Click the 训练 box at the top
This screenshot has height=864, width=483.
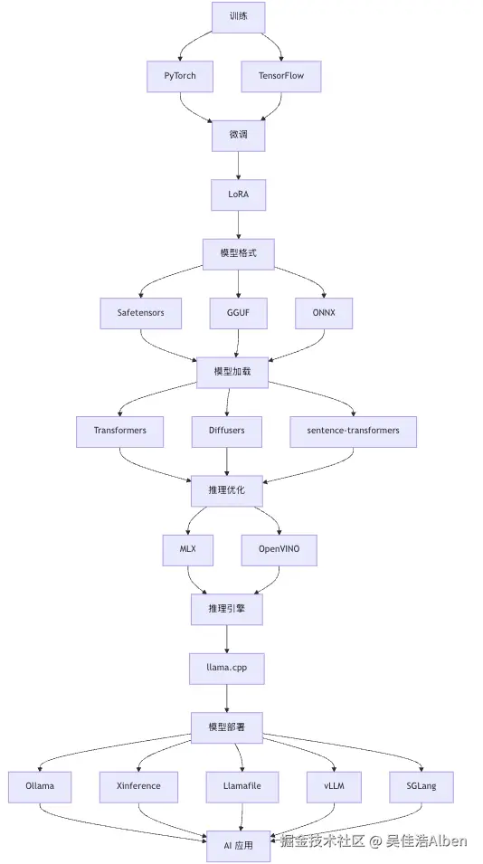[x=239, y=17]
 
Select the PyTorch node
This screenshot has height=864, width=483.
[x=179, y=76]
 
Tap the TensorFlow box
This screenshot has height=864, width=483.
[x=281, y=76]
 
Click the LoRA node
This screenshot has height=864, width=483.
[x=239, y=195]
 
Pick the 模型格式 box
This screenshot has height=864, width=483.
[x=239, y=254]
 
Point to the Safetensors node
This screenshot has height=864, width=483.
[x=140, y=313]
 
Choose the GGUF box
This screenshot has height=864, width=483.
[x=239, y=313]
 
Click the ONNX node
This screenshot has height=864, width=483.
[x=323, y=313]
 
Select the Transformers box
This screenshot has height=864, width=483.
[x=120, y=432]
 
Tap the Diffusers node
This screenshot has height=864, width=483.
[x=227, y=432]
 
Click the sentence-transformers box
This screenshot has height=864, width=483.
[x=353, y=432]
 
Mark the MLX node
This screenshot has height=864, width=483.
[x=188, y=550]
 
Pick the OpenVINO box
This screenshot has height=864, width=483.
[x=279, y=550]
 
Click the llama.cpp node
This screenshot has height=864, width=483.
[x=227, y=669]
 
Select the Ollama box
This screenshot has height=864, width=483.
[x=40, y=787]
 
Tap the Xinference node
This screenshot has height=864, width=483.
[x=138, y=787]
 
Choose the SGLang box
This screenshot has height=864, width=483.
[x=421, y=787]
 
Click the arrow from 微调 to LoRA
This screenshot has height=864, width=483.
[x=239, y=166]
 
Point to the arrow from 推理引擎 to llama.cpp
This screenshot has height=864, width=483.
[x=227, y=640]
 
